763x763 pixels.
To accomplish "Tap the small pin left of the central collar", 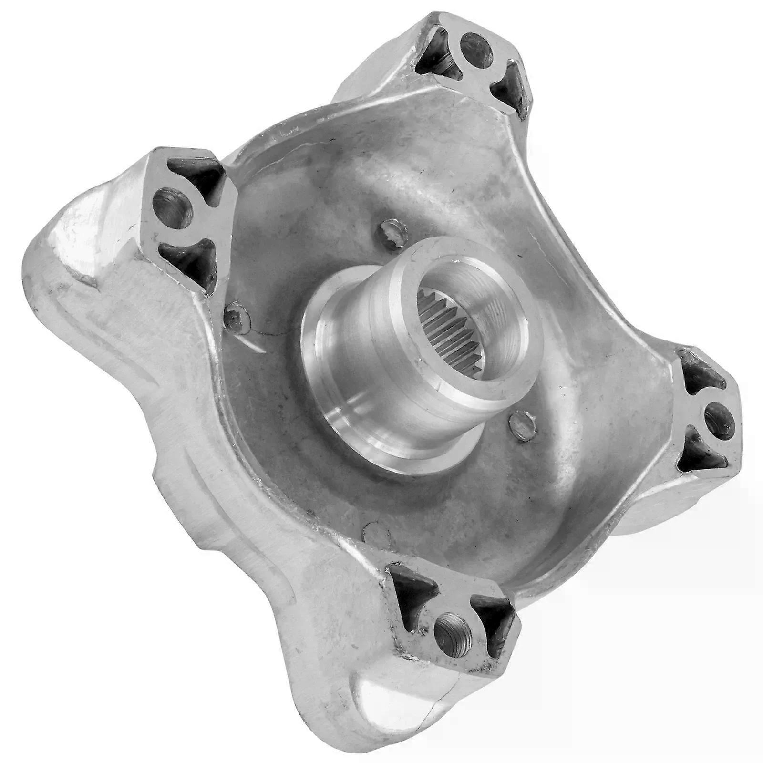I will (235, 315).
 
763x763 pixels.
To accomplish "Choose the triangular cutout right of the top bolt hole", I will (510, 89).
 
